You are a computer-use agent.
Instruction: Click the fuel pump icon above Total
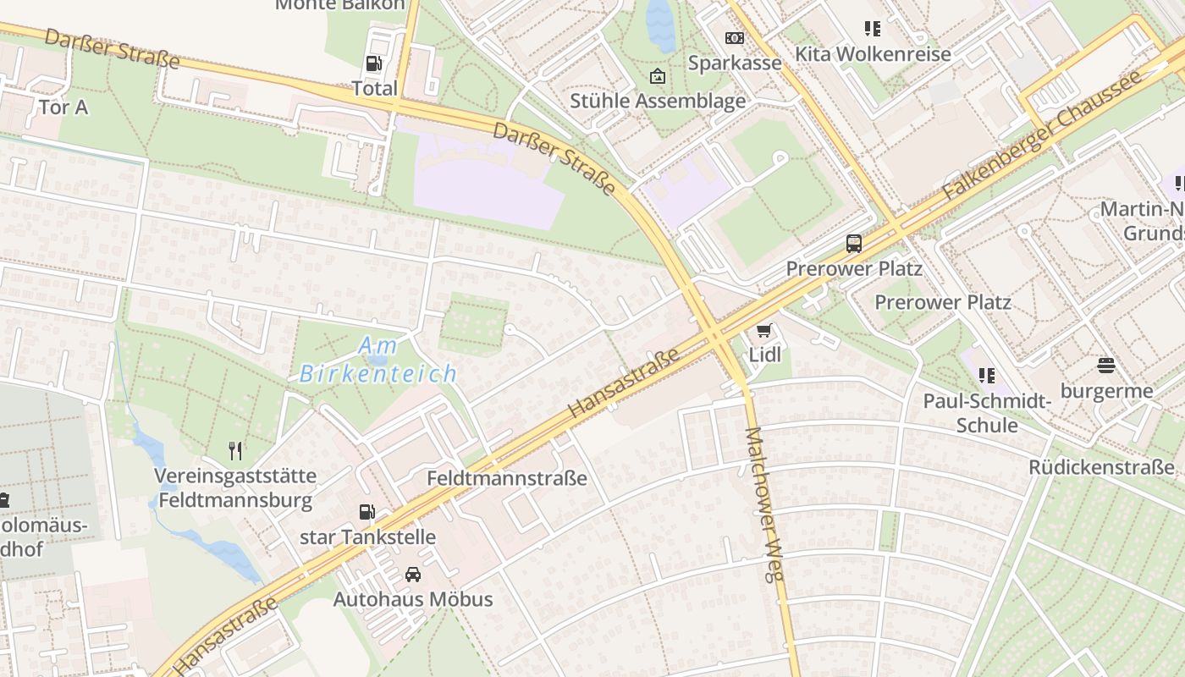pos(373,63)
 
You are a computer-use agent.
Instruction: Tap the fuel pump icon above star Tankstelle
pos(367,512)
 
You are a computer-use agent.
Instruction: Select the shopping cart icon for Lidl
pos(764,330)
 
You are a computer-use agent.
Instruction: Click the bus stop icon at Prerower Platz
pos(854,244)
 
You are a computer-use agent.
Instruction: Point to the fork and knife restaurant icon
pos(235,451)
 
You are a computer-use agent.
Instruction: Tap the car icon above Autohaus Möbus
pos(413,575)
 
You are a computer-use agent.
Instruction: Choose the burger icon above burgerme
pos(1105,366)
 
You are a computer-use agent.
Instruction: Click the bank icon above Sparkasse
pos(734,38)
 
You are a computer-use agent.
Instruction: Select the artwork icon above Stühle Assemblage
pos(657,77)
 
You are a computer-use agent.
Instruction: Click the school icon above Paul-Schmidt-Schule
pos(986,375)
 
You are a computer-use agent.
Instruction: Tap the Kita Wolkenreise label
pos(873,54)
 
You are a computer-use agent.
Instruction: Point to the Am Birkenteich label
pos(378,360)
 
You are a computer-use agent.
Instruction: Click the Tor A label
pos(63,107)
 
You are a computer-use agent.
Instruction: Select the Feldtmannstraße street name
pos(506,478)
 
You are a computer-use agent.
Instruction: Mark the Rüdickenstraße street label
pos(1101,467)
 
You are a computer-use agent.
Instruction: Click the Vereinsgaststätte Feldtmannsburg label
pos(235,487)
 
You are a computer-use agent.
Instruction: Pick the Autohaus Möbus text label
pos(413,599)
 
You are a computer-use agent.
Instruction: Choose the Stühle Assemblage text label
pos(658,102)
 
